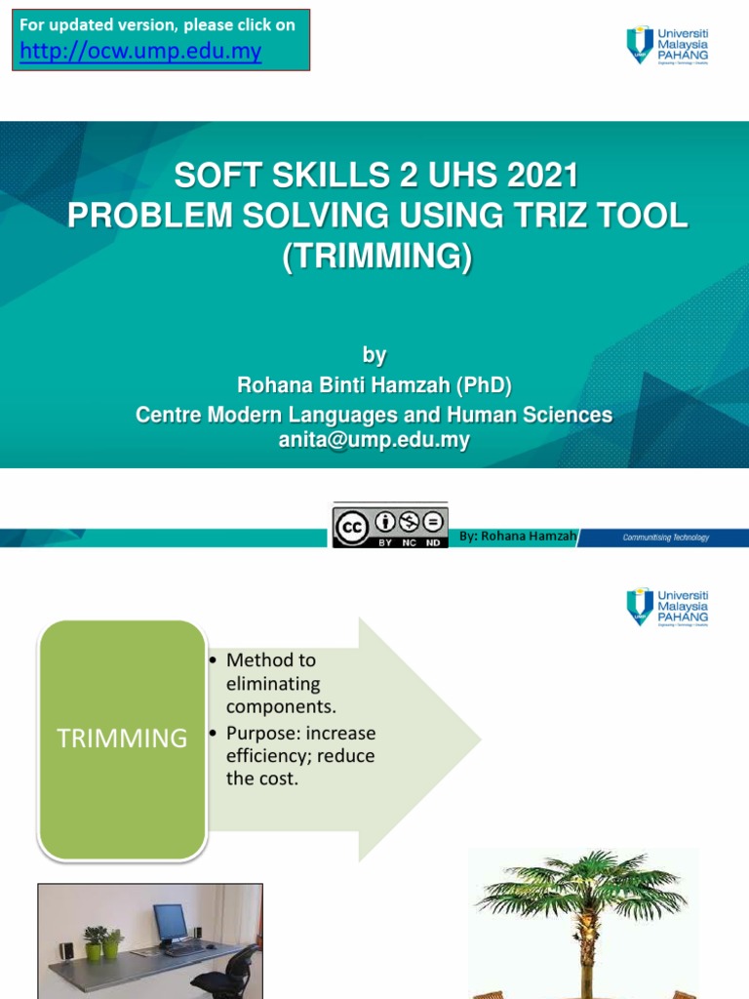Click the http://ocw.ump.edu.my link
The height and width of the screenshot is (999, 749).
click(141, 52)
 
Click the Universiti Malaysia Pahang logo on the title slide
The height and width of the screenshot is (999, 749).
click(668, 46)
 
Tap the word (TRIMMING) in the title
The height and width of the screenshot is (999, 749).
click(375, 256)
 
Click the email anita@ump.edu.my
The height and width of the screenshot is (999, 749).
click(374, 440)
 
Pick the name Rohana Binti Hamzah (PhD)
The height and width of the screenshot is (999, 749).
click(374, 385)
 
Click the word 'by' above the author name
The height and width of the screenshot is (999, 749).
click(374, 355)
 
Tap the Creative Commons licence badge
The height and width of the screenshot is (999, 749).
click(390, 527)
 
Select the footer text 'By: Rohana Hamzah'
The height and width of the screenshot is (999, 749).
click(518, 536)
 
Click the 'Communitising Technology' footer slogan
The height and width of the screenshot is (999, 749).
click(666, 537)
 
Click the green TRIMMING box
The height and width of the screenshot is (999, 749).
click(123, 739)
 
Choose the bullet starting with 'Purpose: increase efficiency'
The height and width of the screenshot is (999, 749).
click(299, 755)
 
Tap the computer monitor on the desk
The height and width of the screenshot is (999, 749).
click(170, 922)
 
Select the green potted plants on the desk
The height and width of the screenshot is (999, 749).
click(103, 942)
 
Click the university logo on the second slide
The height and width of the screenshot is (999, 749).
click(668, 606)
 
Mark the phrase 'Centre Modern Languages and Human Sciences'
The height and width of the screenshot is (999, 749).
click(374, 415)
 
